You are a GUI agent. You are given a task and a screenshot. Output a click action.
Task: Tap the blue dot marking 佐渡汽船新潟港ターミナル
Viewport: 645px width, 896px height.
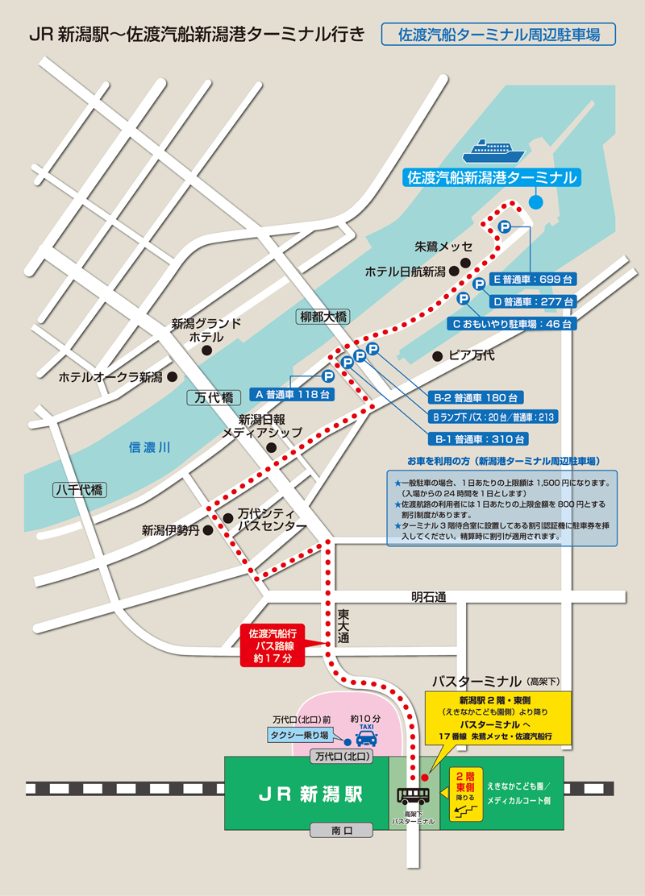[x=536, y=201]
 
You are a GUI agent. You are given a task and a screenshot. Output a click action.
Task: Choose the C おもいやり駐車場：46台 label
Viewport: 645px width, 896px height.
[x=511, y=324]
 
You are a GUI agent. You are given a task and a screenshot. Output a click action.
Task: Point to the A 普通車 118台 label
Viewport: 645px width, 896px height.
[x=292, y=395]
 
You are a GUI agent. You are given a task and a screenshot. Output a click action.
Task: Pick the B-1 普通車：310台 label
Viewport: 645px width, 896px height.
[x=481, y=439]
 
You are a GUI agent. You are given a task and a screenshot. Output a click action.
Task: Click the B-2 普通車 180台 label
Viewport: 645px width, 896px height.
[x=477, y=397]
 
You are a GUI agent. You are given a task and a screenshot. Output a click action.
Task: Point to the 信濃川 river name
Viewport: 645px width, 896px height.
[x=150, y=448]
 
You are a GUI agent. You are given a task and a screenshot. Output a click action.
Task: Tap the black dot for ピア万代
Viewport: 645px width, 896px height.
[x=437, y=355]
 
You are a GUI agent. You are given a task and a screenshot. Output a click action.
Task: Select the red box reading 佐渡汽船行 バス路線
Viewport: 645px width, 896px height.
[x=273, y=645]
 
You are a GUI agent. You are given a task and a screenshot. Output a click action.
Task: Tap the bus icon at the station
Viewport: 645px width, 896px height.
[x=414, y=795]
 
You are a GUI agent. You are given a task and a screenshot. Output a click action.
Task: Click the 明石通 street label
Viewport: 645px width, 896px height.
[x=428, y=597]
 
